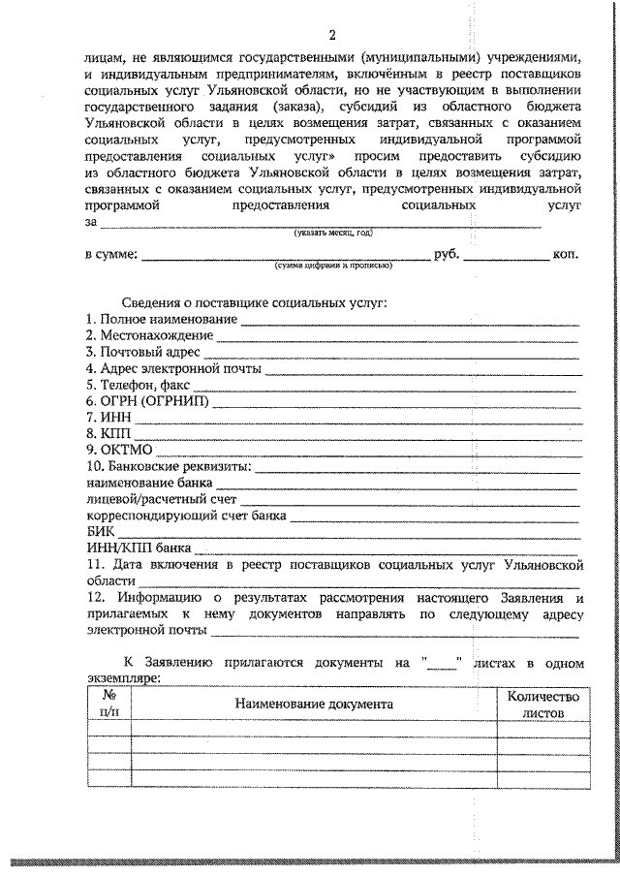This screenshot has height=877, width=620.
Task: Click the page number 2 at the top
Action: [331, 37]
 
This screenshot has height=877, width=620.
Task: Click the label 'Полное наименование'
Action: [161, 319]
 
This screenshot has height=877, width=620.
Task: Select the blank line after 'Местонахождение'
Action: [396, 338]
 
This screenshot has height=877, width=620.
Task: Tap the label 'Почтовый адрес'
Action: [142, 351]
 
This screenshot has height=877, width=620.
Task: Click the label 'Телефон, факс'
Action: [137, 384]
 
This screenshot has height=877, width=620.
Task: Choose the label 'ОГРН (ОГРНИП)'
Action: [146, 400]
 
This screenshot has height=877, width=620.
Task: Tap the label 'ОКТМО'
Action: [119, 450]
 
